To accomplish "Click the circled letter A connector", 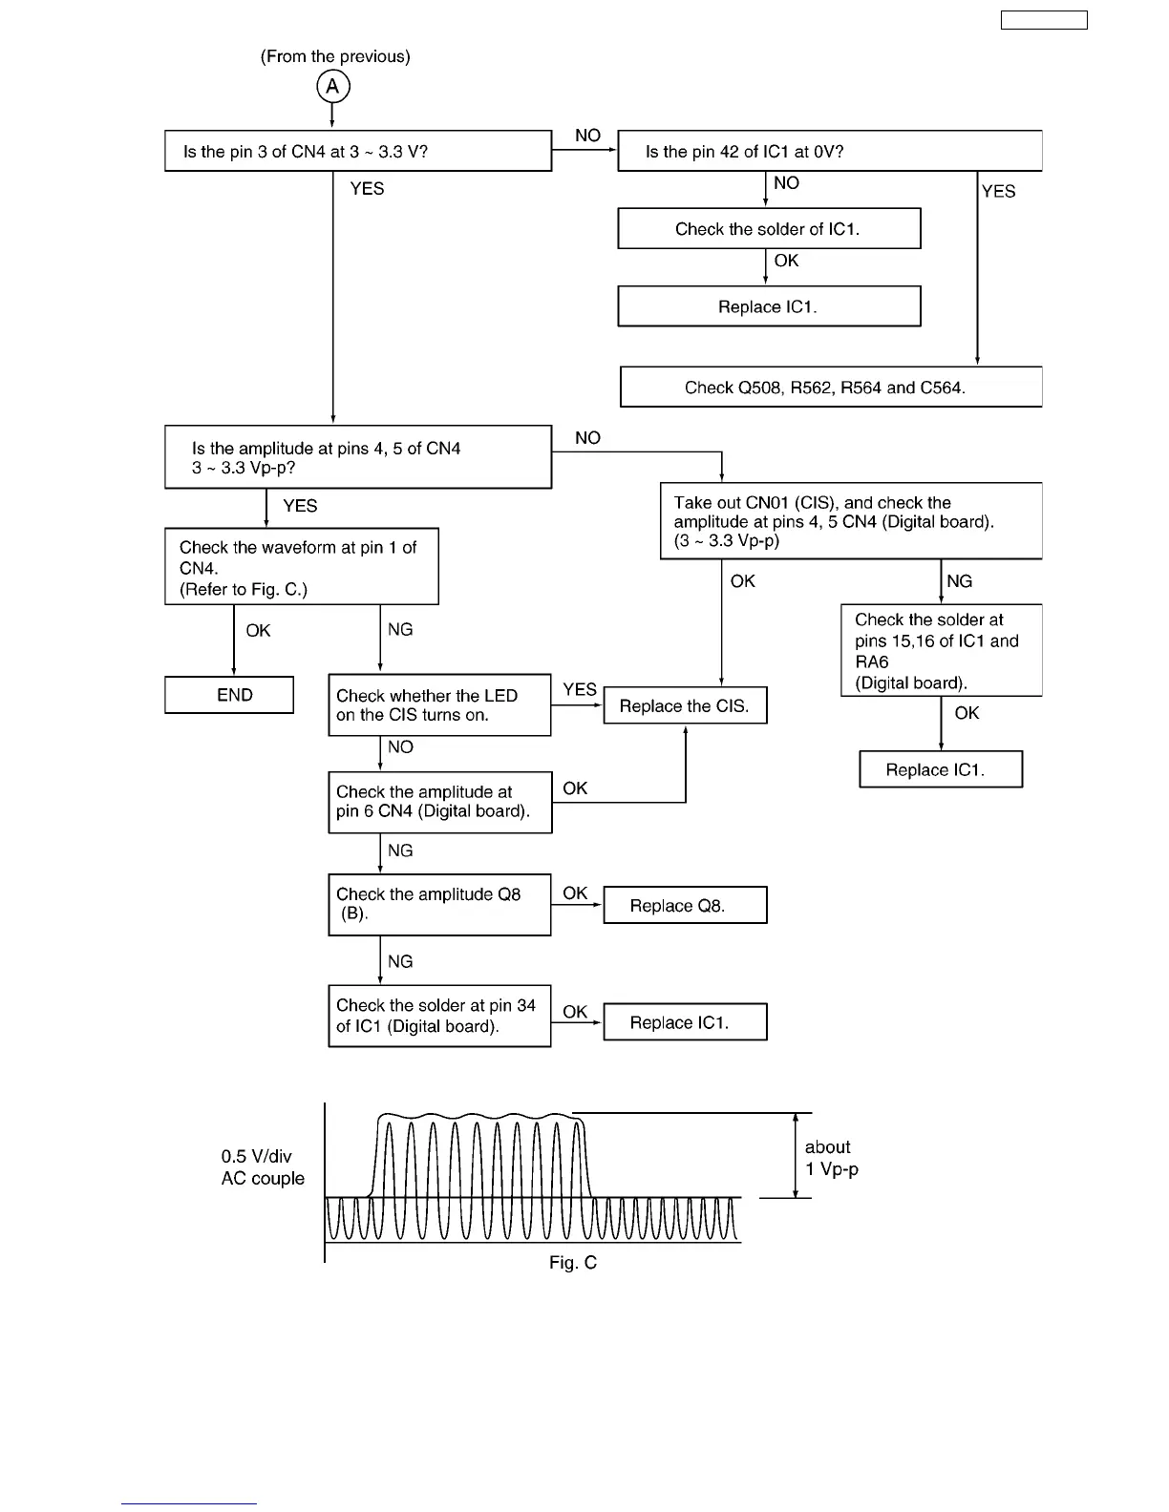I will [x=332, y=87].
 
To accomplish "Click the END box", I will [x=229, y=695].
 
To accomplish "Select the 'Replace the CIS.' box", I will [x=685, y=706].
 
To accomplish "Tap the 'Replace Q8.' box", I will [x=685, y=906].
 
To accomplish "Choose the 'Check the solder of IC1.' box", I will [x=769, y=229].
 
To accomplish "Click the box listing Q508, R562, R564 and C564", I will [x=830, y=388].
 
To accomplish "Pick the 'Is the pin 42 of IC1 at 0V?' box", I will [x=829, y=152].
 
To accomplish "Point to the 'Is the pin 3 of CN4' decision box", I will [x=358, y=152].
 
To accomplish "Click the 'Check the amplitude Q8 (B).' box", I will [x=439, y=904].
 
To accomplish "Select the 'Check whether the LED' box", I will [x=439, y=705].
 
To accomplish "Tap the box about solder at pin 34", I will [x=439, y=1016].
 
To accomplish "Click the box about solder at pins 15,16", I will [x=941, y=651].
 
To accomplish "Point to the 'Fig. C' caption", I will [x=573, y=1263].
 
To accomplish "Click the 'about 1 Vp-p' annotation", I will [x=831, y=1158].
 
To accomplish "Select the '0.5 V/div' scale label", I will [x=257, y=1156].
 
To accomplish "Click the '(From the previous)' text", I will [x=335, y=56].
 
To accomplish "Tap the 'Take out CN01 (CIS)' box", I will [x=850, y=521].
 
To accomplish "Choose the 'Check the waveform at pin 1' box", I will [x=301, y=567].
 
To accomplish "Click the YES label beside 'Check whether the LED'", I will [x=580, y=689].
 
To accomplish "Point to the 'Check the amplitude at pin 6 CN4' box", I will [x=439, y=802].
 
